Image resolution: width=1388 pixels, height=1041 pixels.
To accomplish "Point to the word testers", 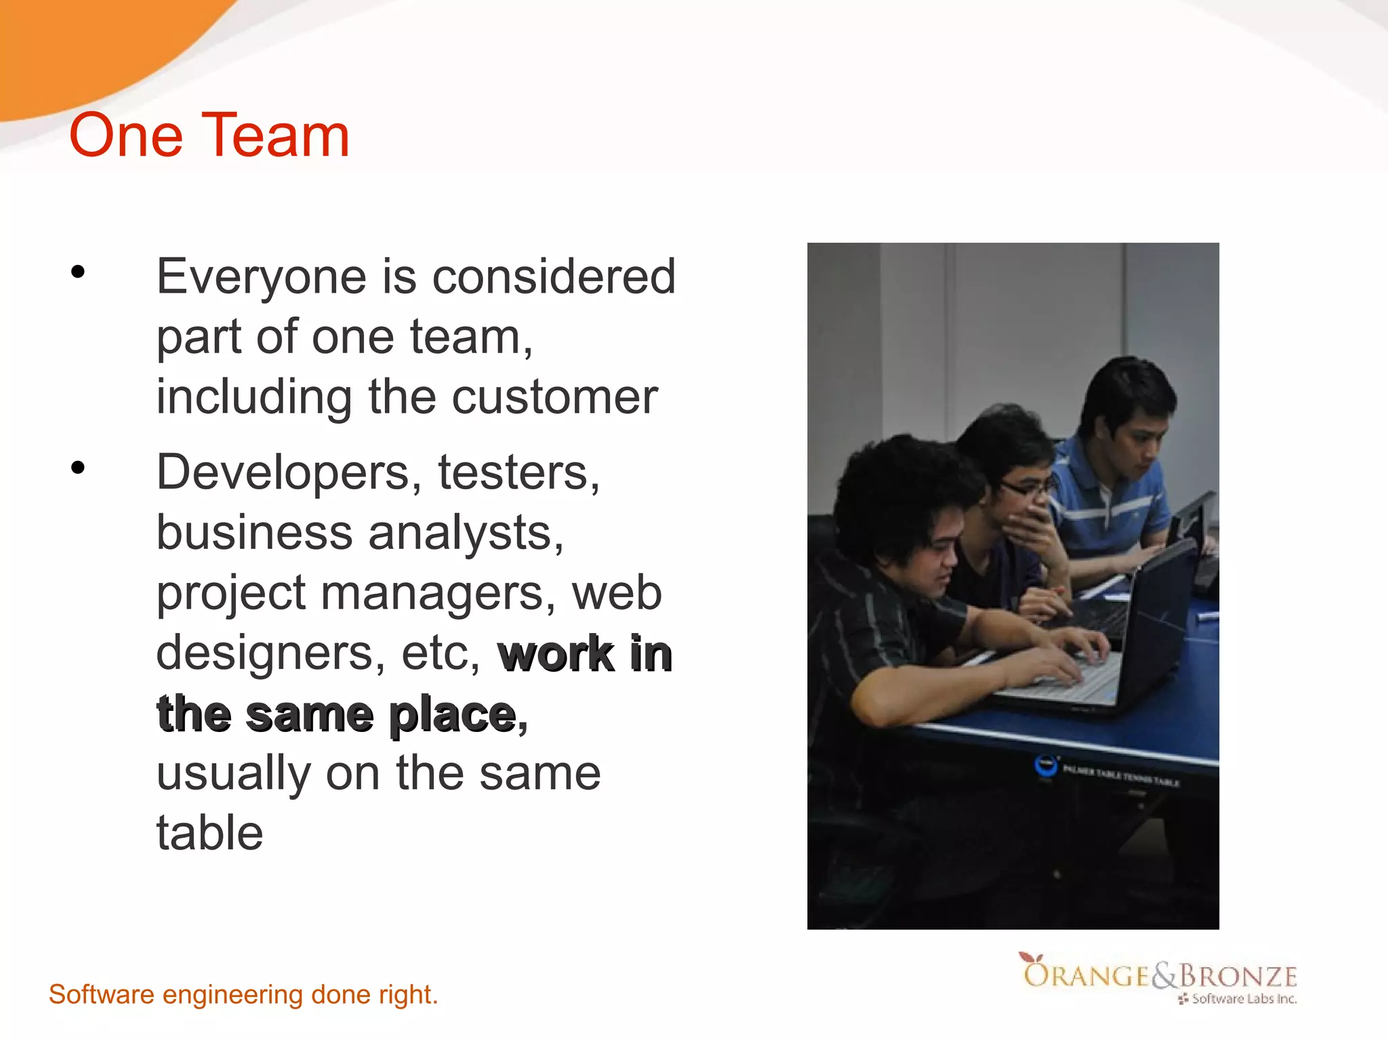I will click(518, 473).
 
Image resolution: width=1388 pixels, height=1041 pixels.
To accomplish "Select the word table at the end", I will click(209, 833).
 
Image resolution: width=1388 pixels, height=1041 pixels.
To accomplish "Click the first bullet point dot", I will click(78, 272).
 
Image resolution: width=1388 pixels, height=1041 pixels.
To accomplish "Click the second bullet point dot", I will click(78, 468).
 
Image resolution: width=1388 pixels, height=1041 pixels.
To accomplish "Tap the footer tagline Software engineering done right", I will click(243, 995).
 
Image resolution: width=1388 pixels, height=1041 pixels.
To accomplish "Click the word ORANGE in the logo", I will click(1085, 975).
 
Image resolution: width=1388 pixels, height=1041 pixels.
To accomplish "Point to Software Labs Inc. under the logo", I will click(1243, 999).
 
